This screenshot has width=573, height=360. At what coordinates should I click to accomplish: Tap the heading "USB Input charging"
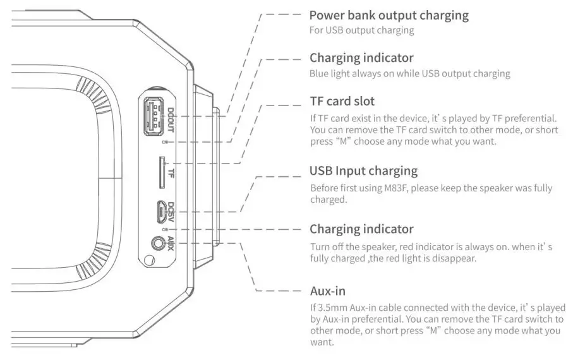coord(363,171)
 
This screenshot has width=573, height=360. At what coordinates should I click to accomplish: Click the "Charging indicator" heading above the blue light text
coord(361,58)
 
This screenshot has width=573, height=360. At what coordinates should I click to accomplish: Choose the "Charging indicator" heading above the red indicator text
coord(361,229)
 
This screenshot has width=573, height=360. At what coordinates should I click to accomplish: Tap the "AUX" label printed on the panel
coord(169,242)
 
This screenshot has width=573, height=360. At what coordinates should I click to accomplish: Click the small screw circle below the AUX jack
coord(148,259)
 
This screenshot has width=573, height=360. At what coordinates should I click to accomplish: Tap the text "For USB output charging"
coord(361,30)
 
